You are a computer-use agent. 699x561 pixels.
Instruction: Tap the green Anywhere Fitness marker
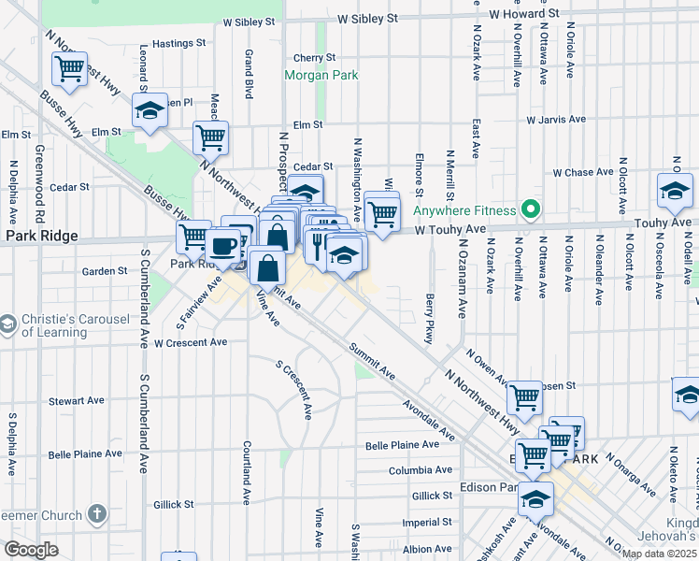pyautogui.click(x=532, y=209)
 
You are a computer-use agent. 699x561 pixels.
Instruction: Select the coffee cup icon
pyautogui.click(x=223, y=246)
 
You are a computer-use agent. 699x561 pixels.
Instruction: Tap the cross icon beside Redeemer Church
pyautogui.click(x=96, y=513)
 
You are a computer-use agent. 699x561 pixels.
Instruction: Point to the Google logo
pyautogui.click(x=30, y=550)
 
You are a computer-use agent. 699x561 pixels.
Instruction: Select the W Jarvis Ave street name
pyautogui.click(x=555, y=121)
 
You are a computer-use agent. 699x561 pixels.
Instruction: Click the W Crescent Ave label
pyautogui.click(x=191, y=343)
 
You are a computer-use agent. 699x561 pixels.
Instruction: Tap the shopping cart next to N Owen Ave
pyautogui.click(x=524, y=397)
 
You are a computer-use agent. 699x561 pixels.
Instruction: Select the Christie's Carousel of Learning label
pyautogui.click(x=75, y=325)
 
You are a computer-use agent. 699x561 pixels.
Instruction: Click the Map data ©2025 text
pyautogui.click(x=657, y=554)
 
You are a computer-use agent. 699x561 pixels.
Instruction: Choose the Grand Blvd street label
pyautogui.click(x=250, y=73)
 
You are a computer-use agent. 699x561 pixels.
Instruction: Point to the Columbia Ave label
pyautogui.click(x=421, y=469)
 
